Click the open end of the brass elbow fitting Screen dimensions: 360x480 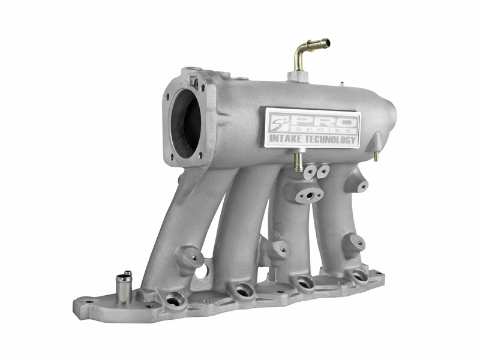(x=325, y=43)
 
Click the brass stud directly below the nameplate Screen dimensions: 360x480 (x=297, y=161)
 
